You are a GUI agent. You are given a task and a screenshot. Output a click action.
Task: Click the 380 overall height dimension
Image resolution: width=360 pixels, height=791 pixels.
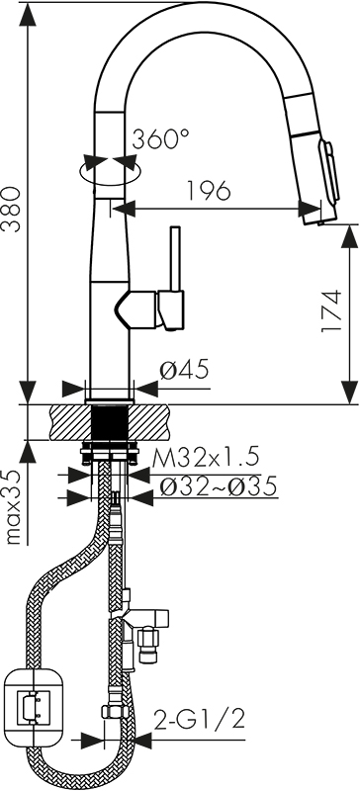(x=11, y=209)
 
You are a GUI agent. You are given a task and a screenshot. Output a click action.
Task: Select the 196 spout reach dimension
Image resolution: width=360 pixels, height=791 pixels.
(x=209, y=190)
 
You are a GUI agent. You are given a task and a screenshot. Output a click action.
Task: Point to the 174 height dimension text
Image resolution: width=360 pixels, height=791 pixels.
(x=330, y=310)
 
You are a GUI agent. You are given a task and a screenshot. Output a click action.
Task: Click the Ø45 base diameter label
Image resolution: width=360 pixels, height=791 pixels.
(x=184, y=370)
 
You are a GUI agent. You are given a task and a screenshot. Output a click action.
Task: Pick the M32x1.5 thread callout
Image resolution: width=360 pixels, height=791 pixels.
(x=206, y=458)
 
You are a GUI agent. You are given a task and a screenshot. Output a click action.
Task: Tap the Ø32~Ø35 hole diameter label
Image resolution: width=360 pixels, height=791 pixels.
(x=218, y=486)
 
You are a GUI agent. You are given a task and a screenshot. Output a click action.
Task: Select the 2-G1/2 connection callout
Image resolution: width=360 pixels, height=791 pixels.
(x=199, y=720)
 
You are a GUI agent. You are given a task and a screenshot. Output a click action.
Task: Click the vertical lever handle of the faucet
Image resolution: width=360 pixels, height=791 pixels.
(x=175, y=259)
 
